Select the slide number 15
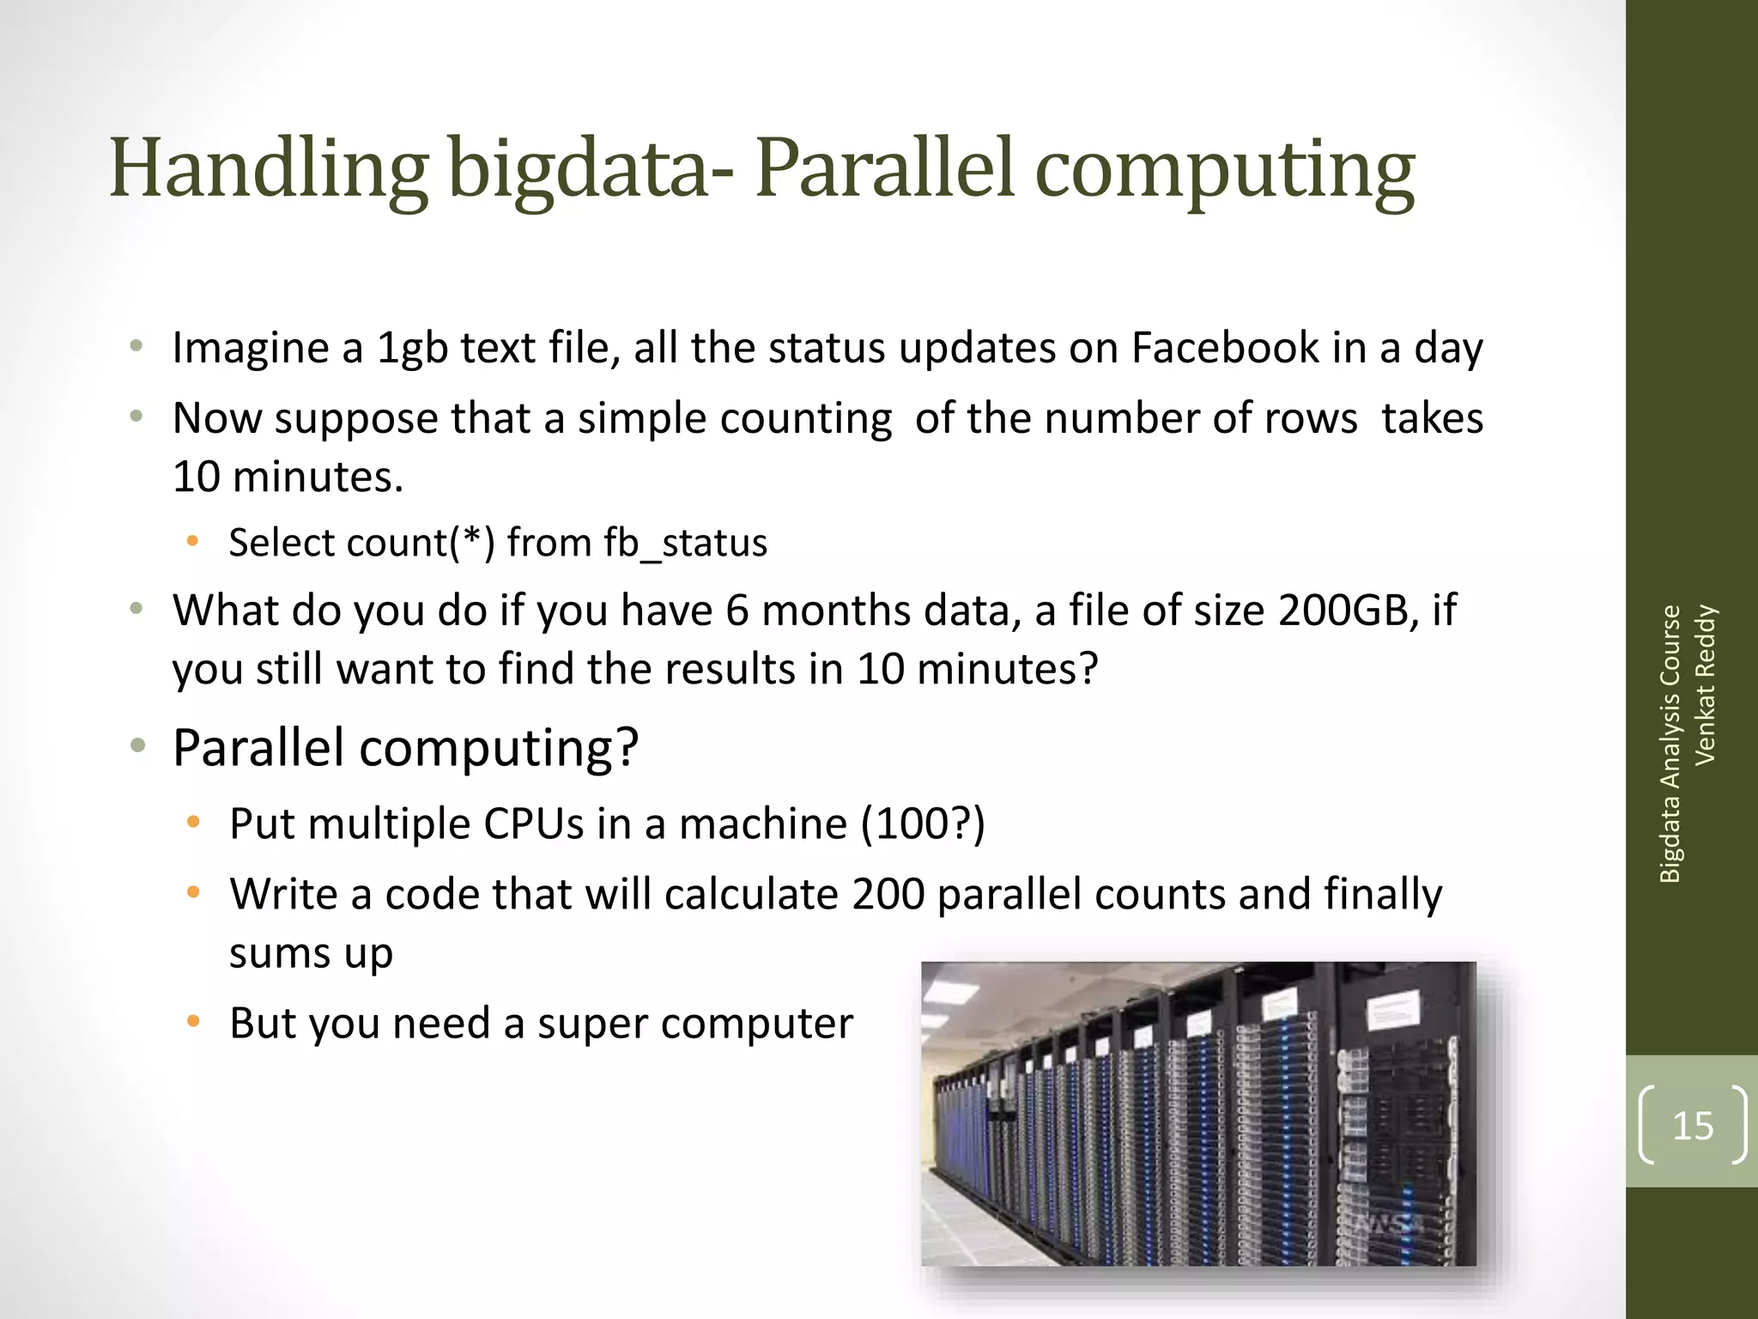pyautogui.click(x=1693, y=1126)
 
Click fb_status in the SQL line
pyautogui.click(x=685, y=544)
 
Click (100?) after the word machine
pyautogui.click(x=923, y=824)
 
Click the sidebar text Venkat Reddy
pyautogui.click(x=1705, y=684)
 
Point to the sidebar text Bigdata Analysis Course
pyautogui.click(x=1670, y=744)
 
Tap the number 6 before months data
pyautogui.click(x=737, y=611)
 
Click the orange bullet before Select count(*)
pyautogui.click(x=193, y=542)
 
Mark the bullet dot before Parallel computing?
pyautogui.click(x=137, y=746)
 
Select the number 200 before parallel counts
pyautogui.click(x=888, y=895)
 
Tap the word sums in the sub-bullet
pyautogui.click(x=280, y=953)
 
